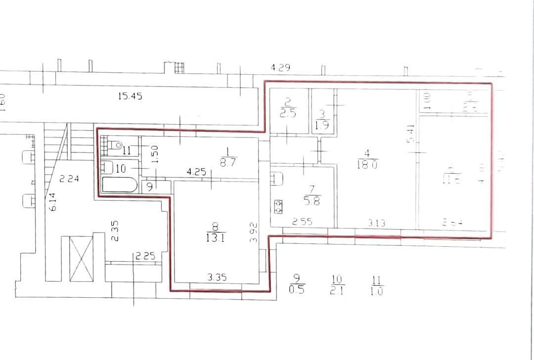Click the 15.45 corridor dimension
click(x=130, y=96)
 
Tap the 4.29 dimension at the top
click(x=280, y=68)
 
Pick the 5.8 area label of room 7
click(x=312, y=201)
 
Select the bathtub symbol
click(x=120, y=185)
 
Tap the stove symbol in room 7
click(x=278, y=205)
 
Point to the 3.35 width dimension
click(x=217, y=277)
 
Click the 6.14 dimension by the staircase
click(x=53, y=201)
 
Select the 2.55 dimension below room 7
click(x=302, y=222)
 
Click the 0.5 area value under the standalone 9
click(x=297, y=290)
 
